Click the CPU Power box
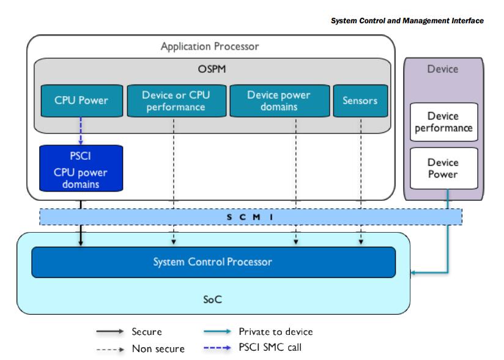point(81,100)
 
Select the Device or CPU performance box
point(177,100)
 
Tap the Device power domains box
point(280,100)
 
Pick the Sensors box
point(360,100)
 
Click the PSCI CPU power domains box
point(81,168)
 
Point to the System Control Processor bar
point(213,262)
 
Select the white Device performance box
point(444,122)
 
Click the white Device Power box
point(444,168)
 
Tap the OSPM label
point(212,69)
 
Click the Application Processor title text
point(210,47)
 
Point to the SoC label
point(212,299)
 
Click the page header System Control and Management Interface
point(407,21)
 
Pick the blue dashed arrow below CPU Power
point(81,131)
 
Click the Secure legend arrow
point(110,331)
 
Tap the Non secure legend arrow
point(110,349)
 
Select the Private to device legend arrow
point(217,331)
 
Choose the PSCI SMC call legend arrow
point(217,348)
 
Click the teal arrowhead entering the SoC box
point(413,273)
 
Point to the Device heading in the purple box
point(443,69)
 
